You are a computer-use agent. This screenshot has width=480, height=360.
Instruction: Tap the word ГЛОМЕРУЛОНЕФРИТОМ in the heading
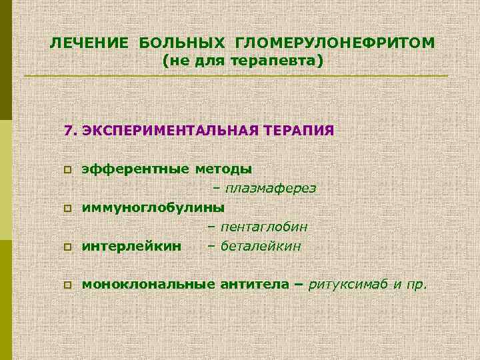click(335, 43)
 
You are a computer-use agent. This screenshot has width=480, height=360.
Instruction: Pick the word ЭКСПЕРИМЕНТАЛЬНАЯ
click(168, 129)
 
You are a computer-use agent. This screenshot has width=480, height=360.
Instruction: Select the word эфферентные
click(135, 169)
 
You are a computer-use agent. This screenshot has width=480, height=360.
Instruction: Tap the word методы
click(223, 169)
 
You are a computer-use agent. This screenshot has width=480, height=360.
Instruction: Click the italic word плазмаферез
click(270, 188)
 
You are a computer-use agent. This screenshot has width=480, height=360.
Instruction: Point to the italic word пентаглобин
click(265, 227)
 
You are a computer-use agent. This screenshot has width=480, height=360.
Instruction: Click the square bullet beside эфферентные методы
click(67, 171)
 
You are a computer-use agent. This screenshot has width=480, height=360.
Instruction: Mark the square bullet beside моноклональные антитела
click(67, 286)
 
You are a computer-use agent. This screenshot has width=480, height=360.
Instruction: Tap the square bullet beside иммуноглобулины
click(67, 208)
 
